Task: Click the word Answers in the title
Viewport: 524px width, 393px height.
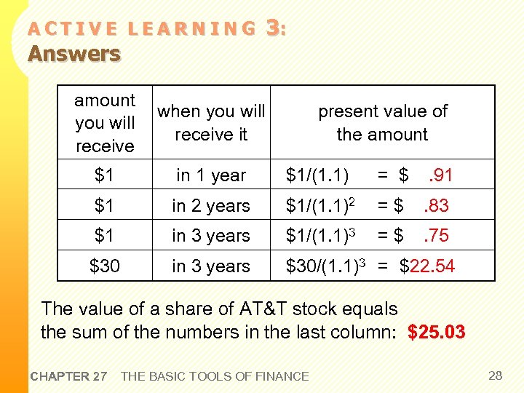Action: point(74,54)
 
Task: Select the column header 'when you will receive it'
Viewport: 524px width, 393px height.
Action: point(211,123)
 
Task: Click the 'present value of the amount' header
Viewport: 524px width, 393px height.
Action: point(382,123)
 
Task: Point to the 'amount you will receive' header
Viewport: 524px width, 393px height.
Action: point(105,123)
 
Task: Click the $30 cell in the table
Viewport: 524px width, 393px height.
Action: point(104,266)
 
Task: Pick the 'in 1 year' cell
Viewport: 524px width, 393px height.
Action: point(211,175)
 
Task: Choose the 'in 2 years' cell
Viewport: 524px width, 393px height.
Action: point(211,206)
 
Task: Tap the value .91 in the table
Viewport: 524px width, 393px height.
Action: point(440,175)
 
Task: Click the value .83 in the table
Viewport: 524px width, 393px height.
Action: point(436,206)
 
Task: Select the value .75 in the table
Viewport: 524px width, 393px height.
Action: point(436,236)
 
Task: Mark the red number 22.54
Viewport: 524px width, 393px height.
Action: point(432,266)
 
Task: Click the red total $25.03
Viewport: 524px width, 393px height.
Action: point(437,333)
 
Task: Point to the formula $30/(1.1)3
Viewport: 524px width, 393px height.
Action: point(325,266)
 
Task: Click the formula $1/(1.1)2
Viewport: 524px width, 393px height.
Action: point(320,206)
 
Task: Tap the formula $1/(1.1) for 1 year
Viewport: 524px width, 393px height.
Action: point(317,175)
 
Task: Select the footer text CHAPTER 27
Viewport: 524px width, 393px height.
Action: point(68,376)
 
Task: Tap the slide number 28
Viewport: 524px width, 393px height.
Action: point(496,376)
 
